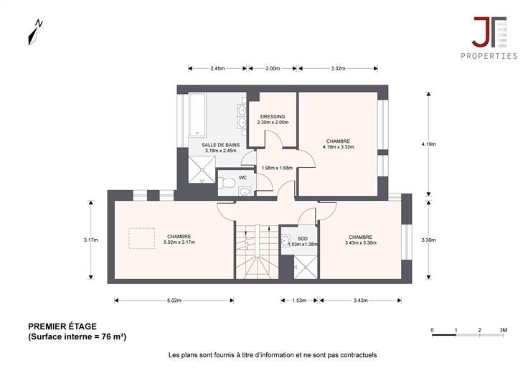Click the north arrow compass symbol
[x=35, y=32]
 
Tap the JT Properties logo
[x=489, y=38]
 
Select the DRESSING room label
[x=273, y=117]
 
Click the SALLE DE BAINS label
[x=220, y=145]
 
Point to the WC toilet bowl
[x=227, y=183]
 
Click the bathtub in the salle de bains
[x=197, y=115]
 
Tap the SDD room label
[x=303, y=239]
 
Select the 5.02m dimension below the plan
[x=174, y=301]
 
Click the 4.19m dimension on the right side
[x=428, y=144]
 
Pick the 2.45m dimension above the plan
[x=217, y=68]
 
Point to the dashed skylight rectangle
[x=142, y=238]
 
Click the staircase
[x=257, y=251]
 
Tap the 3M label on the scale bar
[x=503, y=330]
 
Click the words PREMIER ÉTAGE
[x=62, y=326]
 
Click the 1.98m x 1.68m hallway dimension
[x=277, y=168]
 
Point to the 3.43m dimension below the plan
[x=360, y=301]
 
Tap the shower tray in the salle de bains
[x=202, y=170]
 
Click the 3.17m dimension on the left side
[x=91, y=240]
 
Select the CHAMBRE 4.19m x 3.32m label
[x=338, y=144]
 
